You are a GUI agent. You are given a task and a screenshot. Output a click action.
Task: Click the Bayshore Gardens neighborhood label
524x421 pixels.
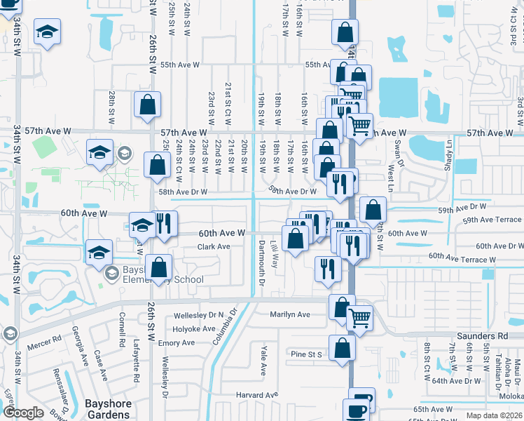108,409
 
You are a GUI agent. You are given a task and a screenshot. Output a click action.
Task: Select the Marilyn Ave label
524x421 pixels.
290,314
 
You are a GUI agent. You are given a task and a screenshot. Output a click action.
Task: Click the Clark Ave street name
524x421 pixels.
214,247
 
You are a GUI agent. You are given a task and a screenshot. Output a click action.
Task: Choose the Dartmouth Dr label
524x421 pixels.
261,263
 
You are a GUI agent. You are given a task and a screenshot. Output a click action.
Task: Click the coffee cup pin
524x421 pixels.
357,410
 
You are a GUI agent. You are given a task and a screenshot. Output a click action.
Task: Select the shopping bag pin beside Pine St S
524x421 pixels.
342,347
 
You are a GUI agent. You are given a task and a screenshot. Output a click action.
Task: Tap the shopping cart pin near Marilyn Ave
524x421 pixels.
360,318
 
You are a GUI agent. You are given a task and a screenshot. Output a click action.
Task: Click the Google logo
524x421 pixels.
23,413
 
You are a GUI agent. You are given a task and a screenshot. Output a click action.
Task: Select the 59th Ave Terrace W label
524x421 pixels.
492,220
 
